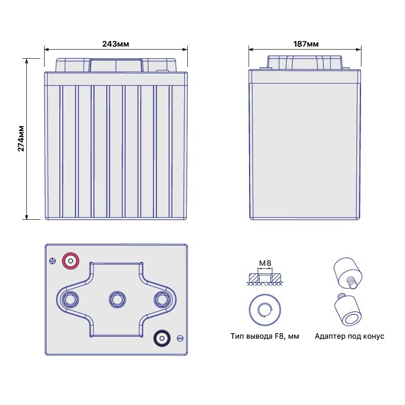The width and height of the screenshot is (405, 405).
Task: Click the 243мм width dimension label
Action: click(115, 44)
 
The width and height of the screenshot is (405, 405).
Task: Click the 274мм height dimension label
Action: click(21, 138)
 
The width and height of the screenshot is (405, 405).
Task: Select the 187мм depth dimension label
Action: click(306, 44)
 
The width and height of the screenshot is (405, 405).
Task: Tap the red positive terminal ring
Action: click(70, 261)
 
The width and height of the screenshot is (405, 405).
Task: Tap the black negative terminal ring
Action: click(162, 338)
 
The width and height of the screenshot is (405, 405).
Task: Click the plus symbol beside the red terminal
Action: click(53, 261)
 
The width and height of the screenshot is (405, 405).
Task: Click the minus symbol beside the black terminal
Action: click(180, 338)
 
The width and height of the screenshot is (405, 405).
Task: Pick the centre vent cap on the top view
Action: click(117, 300)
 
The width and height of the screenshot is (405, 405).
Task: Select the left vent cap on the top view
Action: click(70, 300)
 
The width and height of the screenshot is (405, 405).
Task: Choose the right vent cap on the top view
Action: click(162, 300)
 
